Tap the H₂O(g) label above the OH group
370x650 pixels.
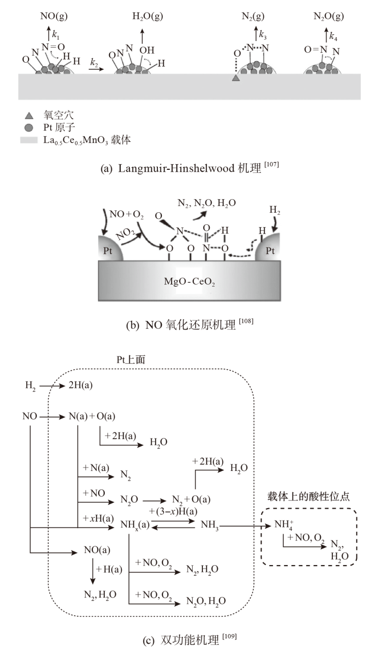[147, 16]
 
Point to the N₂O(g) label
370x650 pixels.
[328, 16]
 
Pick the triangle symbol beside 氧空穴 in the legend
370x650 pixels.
[28, 115]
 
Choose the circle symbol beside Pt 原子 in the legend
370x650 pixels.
[28, 127]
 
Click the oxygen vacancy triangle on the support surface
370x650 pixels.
[236, 78]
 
